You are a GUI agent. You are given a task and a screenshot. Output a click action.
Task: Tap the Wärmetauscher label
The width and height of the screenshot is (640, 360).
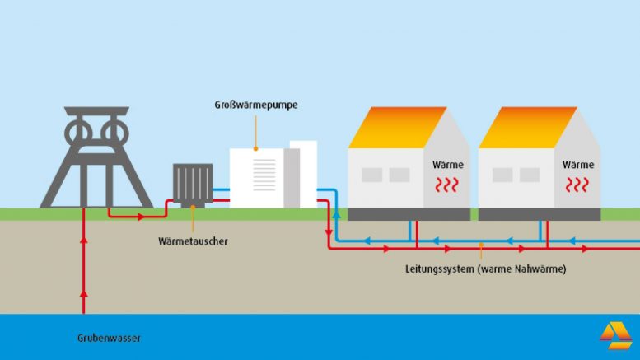(194, 241)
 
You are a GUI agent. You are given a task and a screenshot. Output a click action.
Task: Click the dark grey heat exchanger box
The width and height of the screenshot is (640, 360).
(193, 184)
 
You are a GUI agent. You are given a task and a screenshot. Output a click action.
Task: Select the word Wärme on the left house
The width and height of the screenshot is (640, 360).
(448, 165)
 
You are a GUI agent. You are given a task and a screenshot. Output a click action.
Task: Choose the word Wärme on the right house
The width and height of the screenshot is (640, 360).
(578, 165)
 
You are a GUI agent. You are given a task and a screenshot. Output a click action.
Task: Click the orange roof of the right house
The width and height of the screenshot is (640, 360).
(524, 127)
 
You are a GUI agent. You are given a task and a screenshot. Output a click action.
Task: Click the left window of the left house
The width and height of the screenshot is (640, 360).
(372, 175)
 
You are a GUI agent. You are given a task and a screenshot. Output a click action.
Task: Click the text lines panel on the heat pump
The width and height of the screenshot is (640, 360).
(264, 174)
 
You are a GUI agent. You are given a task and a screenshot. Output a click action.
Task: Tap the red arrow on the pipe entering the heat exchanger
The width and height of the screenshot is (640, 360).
(141, 217)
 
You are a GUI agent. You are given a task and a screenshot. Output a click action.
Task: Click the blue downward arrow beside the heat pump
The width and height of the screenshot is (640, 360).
(337, 216)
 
